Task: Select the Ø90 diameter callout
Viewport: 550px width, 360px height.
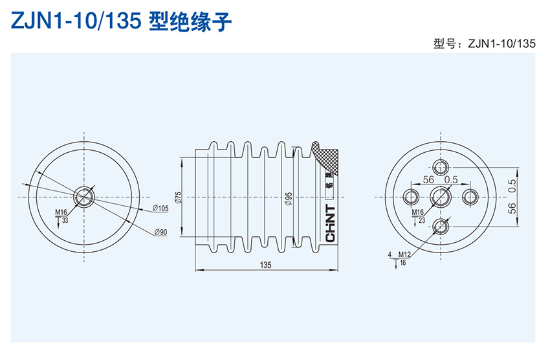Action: pyautogui.click(x=160, y=232)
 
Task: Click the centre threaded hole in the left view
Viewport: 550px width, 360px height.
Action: pyautogui.click(x=85, y=196)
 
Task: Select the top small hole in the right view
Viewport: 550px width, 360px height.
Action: pyautogui.click(x=441, y=167)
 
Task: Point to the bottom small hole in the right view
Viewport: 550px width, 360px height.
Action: pyautogui.click(x=441, y=225)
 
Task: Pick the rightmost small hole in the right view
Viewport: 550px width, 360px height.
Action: pyautogui.click(x=470, y=196)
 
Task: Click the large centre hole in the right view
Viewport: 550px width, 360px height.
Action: pyautogui.click(x=441, y=196)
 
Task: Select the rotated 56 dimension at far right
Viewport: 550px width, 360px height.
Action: pyautogui.click(x=512, y=208)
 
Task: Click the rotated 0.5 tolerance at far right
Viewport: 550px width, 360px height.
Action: pyautogui.click(x=512, y=185)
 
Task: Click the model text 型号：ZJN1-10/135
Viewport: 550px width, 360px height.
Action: pyautogui.click(x=485, y=44)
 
